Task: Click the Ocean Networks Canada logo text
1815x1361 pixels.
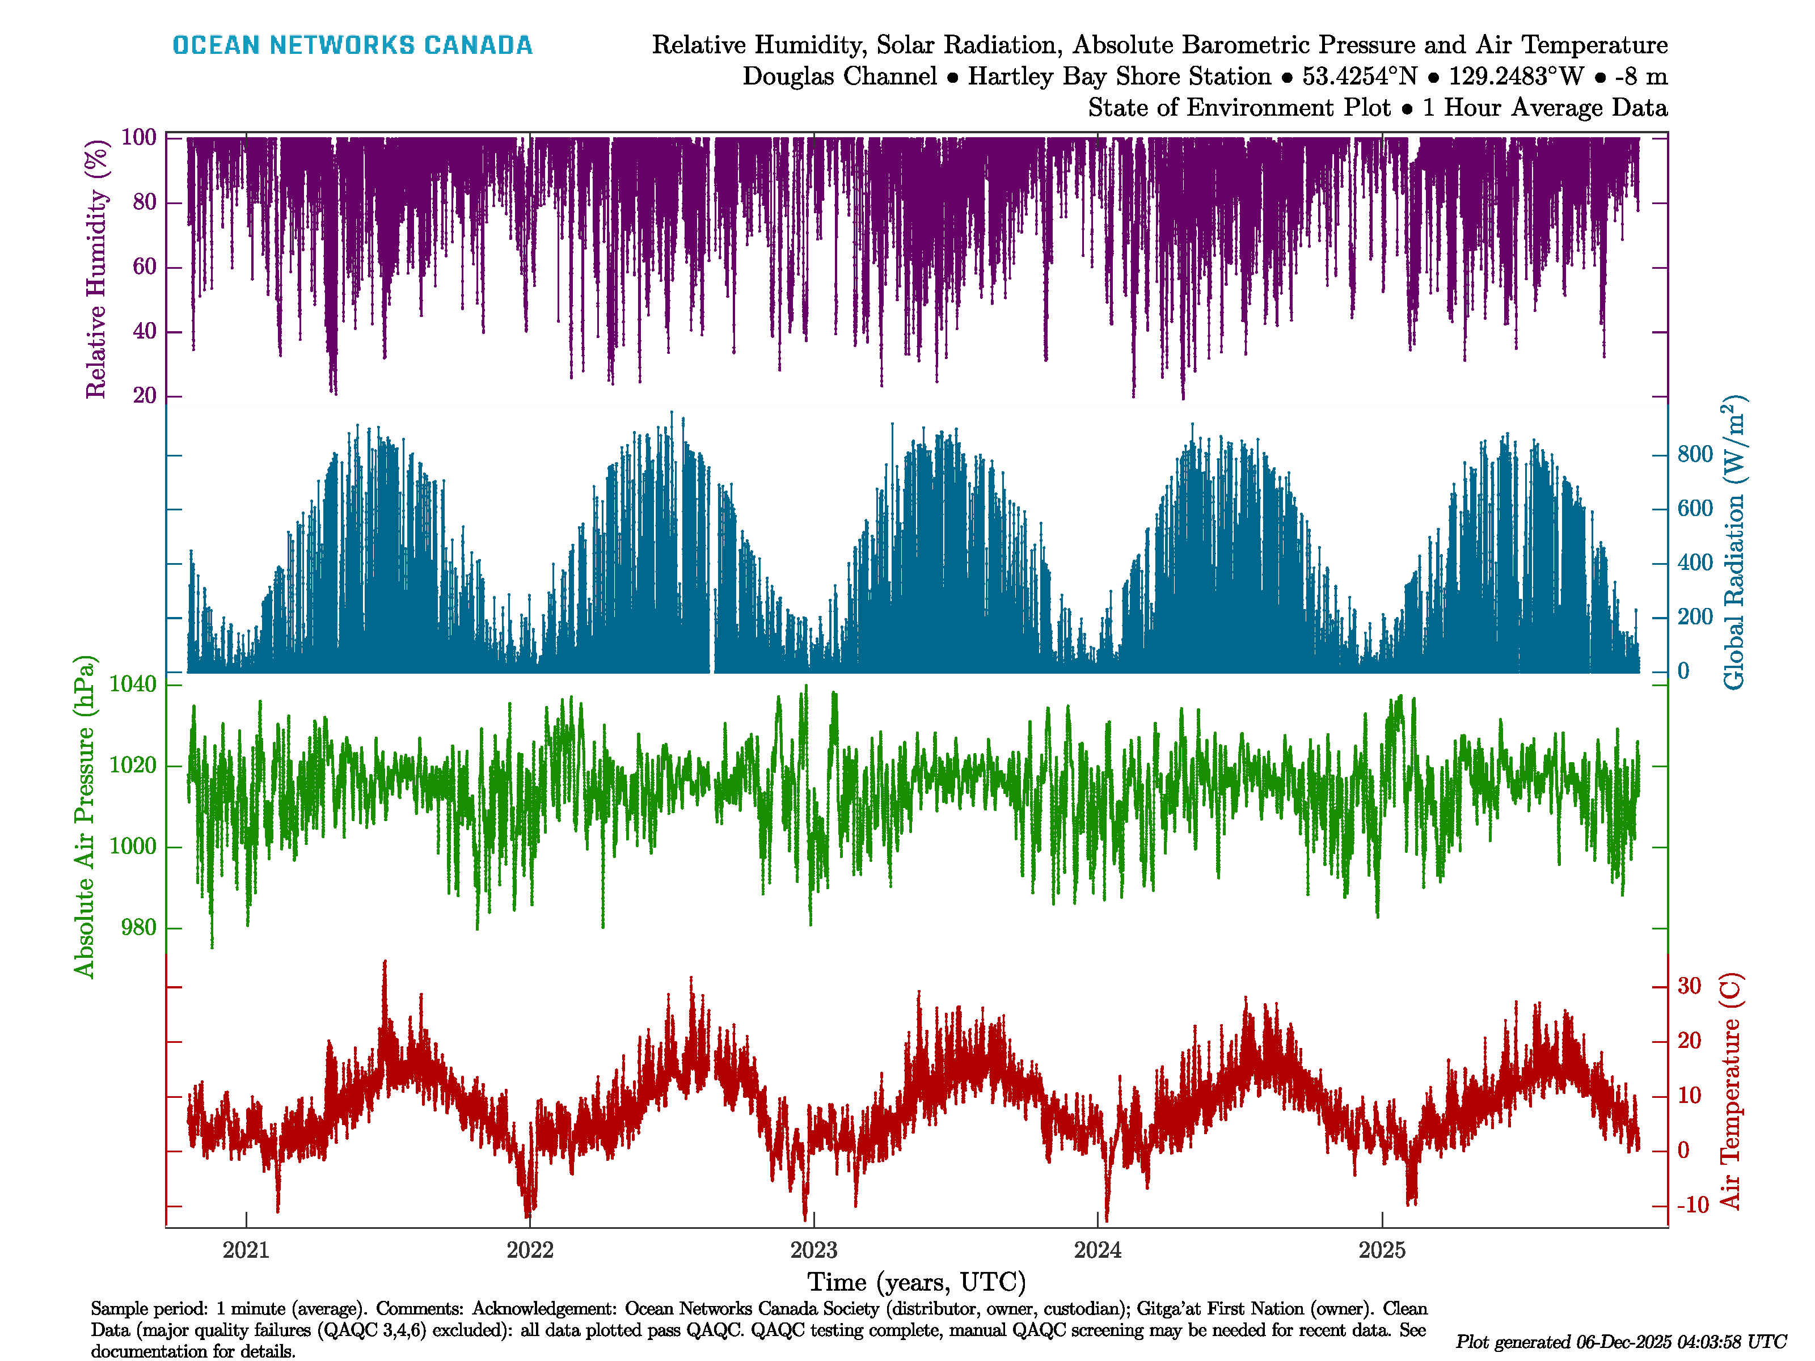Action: coord(352,45)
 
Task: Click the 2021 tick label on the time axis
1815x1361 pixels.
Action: coord(246,1250)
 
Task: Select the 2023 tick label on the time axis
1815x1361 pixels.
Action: coord(813,1250)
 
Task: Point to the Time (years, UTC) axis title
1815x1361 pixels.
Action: coord(917,1282)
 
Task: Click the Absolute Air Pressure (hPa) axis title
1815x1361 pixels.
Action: coord(85,816)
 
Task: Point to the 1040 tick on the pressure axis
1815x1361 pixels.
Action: coord(133,684)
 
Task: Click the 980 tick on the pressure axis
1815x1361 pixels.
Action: coord(138,928)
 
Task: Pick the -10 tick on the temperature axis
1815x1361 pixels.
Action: coord(1692,1205)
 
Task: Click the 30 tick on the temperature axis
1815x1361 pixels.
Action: coord(1689,986)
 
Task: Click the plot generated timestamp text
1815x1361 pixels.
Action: coord(1620,1342)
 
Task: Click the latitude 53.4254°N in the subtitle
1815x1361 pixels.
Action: coord(1360,77)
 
